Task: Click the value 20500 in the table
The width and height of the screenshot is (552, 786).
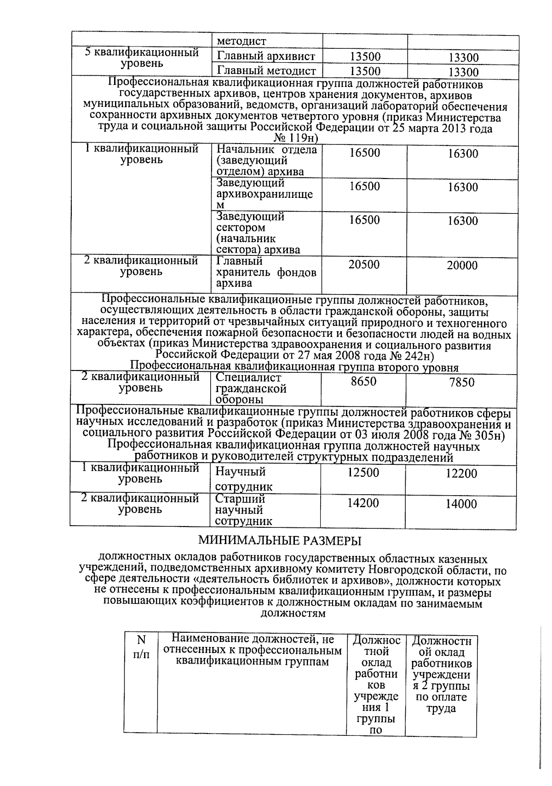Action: [x=364, y=265]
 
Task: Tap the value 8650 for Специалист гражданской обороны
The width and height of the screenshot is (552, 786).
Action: [x=363, y=381]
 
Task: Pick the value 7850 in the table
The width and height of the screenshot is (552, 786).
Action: [x=461, y=382]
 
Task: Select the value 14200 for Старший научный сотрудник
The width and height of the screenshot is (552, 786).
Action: [x=363, y=503]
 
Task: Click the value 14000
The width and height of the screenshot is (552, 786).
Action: [x=461, y=504]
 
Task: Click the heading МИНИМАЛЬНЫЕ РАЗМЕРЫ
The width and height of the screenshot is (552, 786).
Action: [x=280, y=540]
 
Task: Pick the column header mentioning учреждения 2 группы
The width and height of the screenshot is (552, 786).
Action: [x=441, y=675]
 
